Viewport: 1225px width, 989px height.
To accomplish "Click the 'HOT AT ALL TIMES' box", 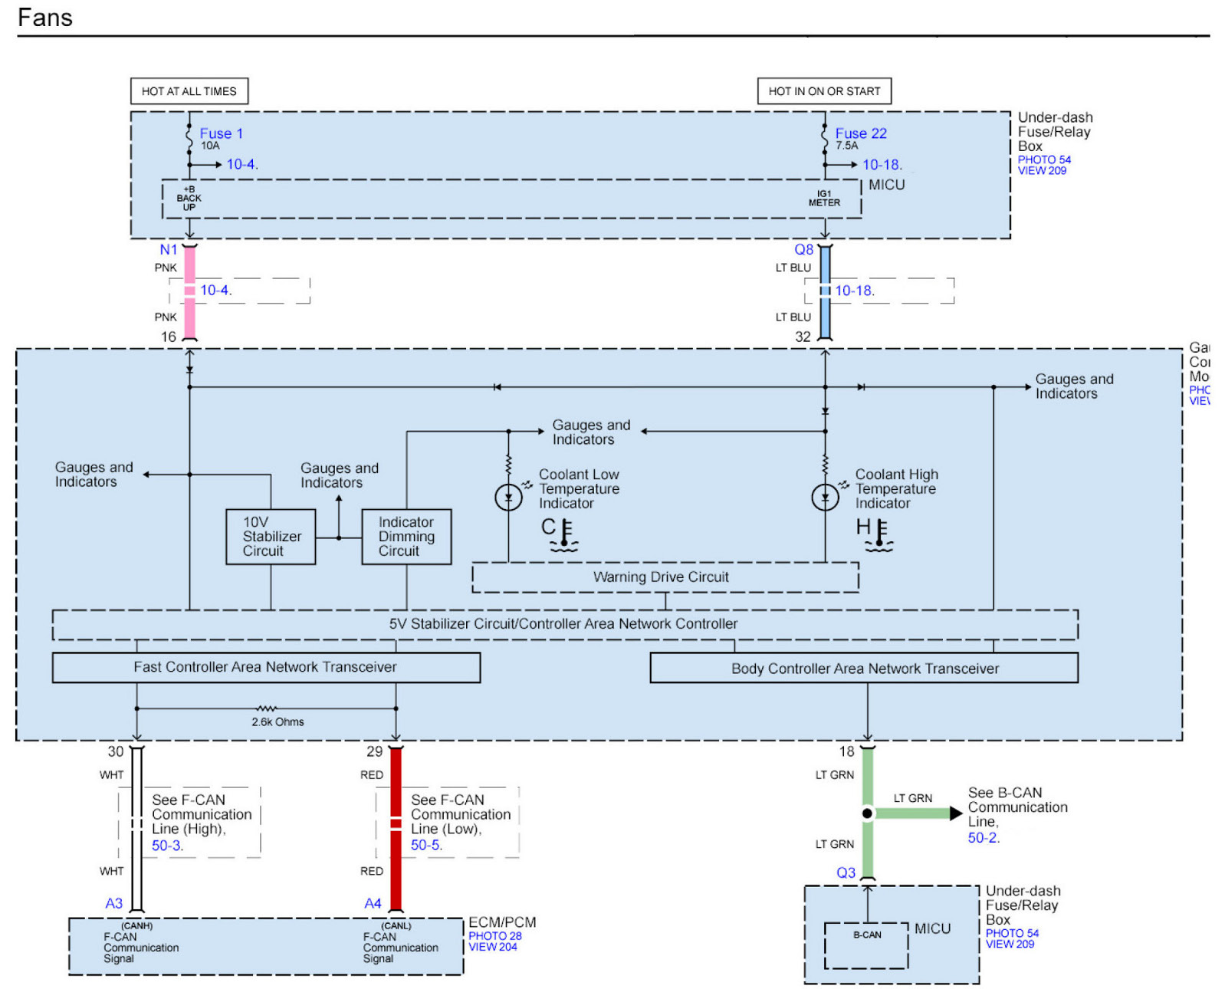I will [x=189, y=91].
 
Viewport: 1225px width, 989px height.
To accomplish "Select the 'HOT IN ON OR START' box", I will [x=824, y=91].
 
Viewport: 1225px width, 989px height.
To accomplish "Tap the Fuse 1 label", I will [x=221, y=133].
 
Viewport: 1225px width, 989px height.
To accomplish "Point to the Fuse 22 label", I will [x=861, y=133].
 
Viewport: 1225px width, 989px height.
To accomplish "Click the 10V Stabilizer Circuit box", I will [x=271, y=537].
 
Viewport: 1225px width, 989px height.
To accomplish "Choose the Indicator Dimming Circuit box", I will [x=406, y=537].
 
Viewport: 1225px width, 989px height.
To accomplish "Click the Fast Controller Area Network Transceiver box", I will [x=266, y=667].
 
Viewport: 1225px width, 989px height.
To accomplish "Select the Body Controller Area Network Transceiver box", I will [x=864, y=668].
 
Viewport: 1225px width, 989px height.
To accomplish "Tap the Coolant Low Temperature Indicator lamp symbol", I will [x=508, y=498].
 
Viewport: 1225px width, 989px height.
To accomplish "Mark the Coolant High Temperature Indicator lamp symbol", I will [x=825, y=498].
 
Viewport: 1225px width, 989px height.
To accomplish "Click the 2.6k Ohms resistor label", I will [x=278, y=721].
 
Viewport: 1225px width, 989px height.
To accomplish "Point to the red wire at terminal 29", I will [x=396, y=828].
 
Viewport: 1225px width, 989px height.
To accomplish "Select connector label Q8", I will [x=803, y=250].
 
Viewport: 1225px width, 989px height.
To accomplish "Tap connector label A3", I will [x=113, y=903].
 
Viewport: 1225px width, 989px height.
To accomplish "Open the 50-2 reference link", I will [x=984, y=838].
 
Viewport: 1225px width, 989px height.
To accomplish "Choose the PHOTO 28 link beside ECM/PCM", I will [x=494, y=936].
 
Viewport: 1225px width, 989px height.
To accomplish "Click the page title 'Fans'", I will [x=45, y=18].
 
